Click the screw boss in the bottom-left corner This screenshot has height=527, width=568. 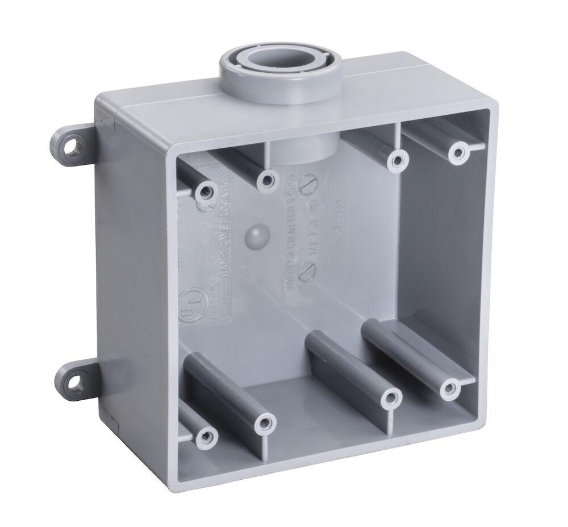207,437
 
